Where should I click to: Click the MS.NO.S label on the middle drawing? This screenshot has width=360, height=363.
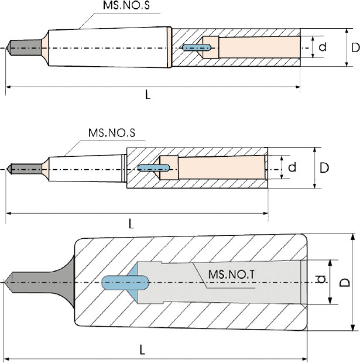[111, 133]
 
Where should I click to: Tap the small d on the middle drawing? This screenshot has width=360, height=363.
[292, 167]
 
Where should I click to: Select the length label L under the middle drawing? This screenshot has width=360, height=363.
[131, 223]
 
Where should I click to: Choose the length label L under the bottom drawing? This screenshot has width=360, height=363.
[143, 350]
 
